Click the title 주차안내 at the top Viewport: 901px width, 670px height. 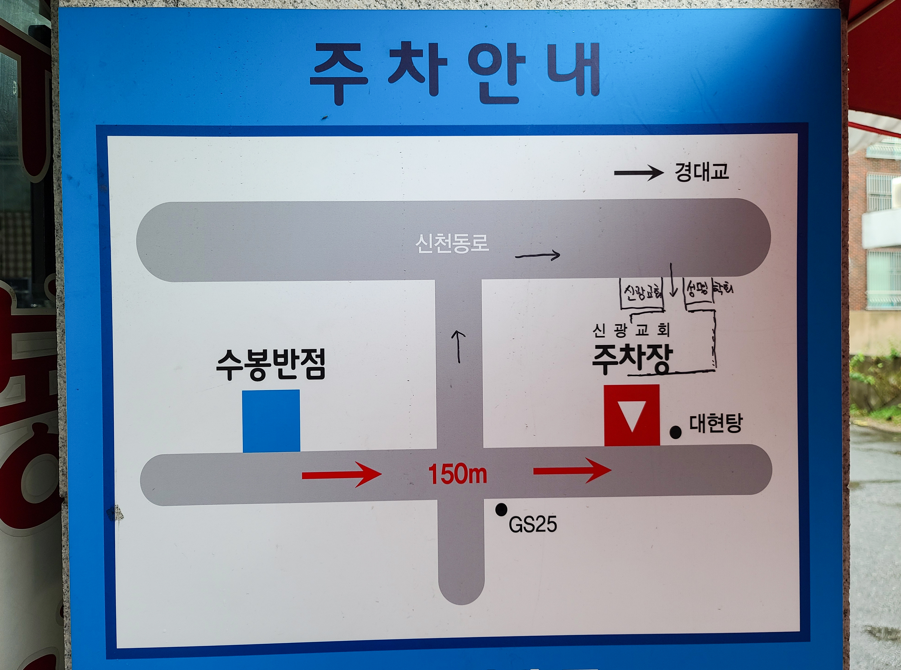point(455,73)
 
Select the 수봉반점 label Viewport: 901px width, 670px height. point(271,365)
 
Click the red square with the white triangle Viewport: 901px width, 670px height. point(632,415)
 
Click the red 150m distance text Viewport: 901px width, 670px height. point(457,474)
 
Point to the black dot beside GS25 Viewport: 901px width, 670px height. point(501,509)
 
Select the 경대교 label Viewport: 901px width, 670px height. point(701,172)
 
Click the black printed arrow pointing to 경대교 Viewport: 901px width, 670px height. point(638,173)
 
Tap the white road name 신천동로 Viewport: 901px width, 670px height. point(452,244)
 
